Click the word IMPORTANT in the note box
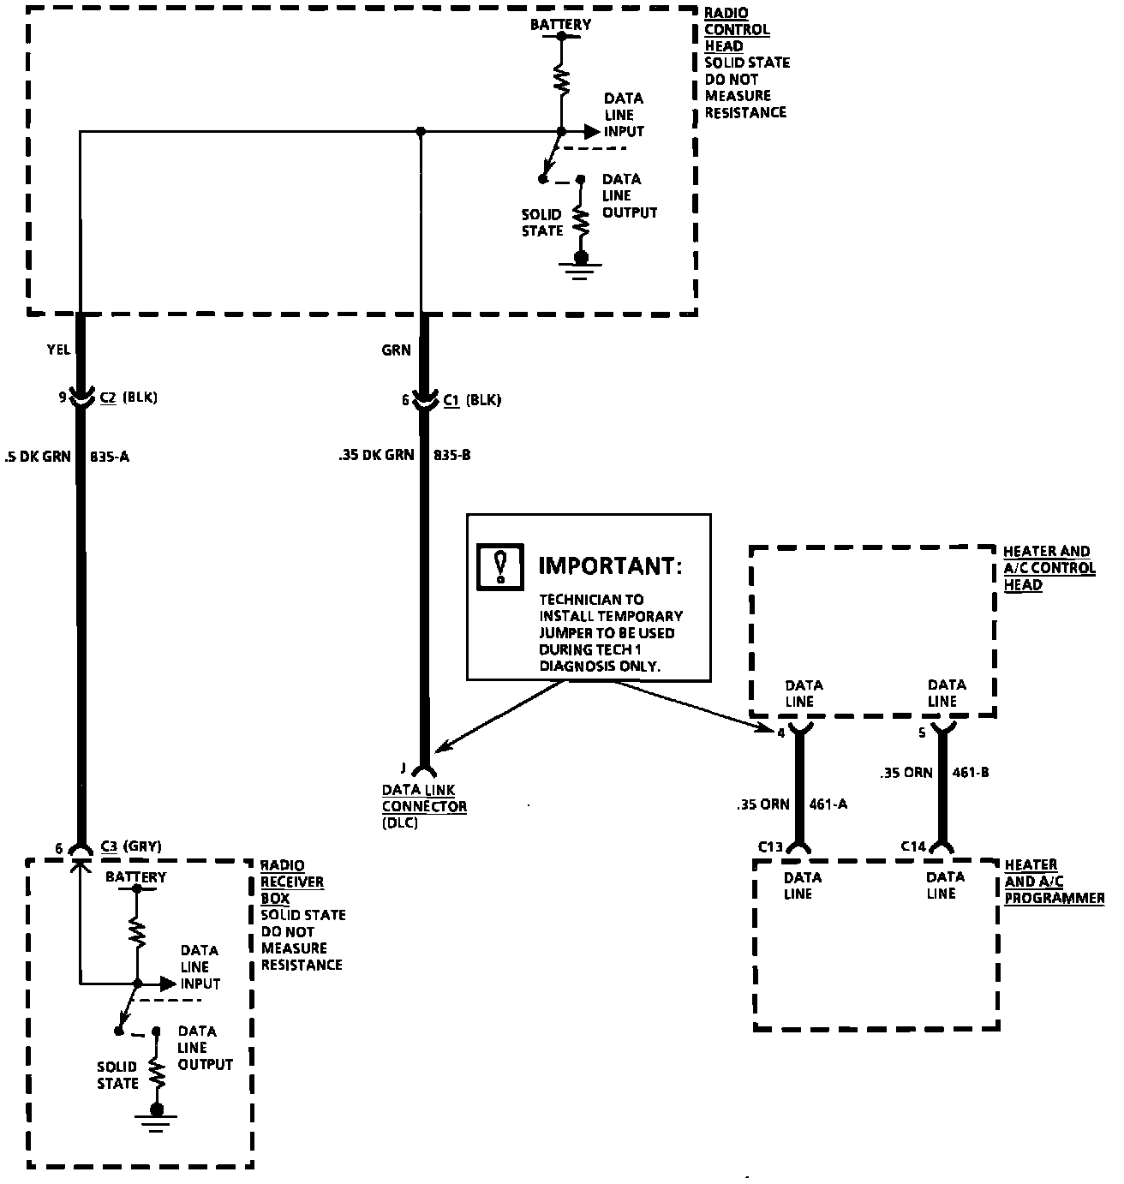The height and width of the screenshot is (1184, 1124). (610, 566)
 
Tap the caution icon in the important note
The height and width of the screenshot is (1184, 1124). (501, 565)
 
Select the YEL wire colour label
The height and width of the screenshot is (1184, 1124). (59, 350)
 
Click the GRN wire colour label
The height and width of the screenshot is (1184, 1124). (397, 350)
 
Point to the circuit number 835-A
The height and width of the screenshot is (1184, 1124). (110, 457)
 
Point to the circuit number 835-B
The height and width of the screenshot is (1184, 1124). (451, 456)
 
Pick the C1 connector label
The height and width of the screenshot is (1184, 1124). (451, 400)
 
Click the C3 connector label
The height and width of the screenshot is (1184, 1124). (109, 847)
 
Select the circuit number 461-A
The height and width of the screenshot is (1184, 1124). (828, 804)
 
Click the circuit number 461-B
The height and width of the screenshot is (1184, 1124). (971, 773)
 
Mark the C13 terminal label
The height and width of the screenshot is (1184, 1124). (771, 847)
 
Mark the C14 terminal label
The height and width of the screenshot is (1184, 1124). (913, 846)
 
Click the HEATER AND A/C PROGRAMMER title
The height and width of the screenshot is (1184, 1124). (1053, 882)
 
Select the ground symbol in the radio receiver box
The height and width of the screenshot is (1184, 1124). (156, 1118)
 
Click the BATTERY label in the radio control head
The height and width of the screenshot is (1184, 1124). (560, 25)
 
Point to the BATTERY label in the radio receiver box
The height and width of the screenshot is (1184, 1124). (135, 877)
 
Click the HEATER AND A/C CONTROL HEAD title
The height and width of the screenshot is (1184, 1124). (1049, 568)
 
